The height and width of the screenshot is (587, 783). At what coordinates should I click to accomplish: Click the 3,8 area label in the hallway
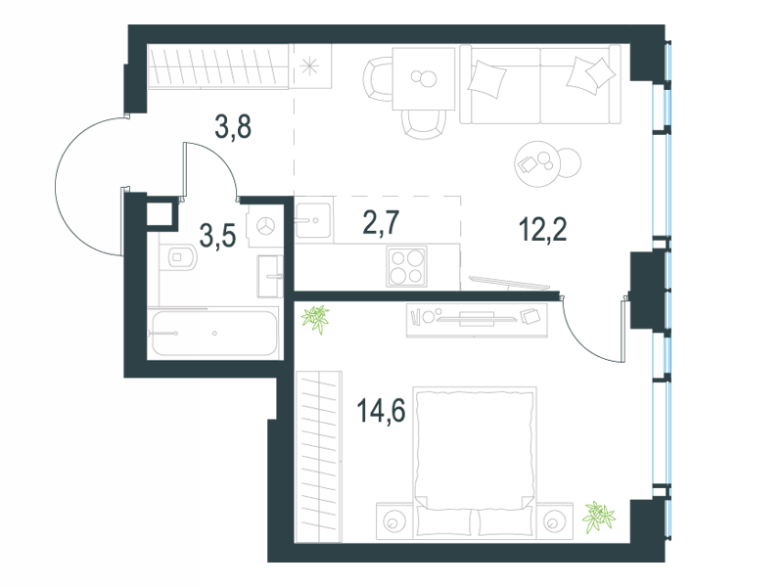coord(233,126)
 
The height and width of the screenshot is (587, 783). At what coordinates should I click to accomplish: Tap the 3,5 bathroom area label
coord(217,236)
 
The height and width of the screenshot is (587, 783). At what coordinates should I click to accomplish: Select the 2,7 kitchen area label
coord(381,223)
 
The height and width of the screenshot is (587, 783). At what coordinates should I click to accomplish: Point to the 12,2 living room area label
coord(543,230)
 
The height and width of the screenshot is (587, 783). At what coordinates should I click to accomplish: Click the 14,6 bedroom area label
coord(381,411)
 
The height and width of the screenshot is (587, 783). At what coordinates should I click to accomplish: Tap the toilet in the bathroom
coord(181,257)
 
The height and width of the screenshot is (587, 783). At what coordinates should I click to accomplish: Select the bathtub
coord(214,333)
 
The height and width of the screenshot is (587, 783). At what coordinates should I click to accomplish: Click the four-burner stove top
coord(406,267)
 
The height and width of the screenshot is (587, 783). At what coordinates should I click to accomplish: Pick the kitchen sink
coord(312,220)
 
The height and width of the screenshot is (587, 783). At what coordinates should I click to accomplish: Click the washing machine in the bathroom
coord(265,226)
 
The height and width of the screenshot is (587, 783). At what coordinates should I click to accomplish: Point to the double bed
coord(475,461)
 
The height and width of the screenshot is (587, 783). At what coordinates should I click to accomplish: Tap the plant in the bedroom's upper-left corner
coord(315,319)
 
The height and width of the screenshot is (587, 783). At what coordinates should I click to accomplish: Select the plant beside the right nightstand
coord(598,518)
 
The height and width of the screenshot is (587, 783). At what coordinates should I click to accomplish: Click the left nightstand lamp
coord(393,522)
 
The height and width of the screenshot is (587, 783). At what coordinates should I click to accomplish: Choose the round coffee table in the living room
coord(537,163)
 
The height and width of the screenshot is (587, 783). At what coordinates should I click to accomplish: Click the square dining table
coord(424,79)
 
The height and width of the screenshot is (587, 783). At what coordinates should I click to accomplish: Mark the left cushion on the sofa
coord(486,79)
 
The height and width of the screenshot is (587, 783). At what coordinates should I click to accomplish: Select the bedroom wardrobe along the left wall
coord(319,457)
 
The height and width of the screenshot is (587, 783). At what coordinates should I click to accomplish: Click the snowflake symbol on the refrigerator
coord(310,67)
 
